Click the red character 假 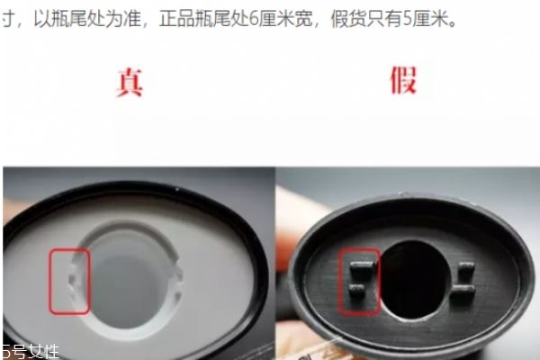(403, 80)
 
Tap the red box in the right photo (357, 280)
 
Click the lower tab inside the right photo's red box (357, 290)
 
